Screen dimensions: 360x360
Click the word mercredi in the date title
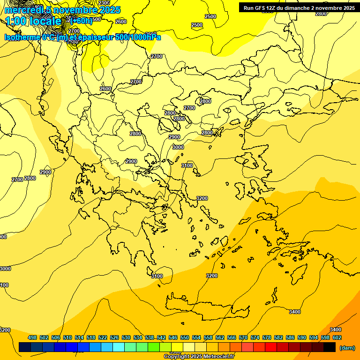tap(23, 10)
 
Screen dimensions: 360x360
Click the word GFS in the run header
tap(260, 8)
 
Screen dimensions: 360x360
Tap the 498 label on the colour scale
tap(32, 337)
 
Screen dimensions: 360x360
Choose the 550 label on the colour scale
tap(185, 337)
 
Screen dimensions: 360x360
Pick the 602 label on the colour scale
tap(337, 337)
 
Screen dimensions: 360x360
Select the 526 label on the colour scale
tap(114, 337)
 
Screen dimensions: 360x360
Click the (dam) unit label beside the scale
tap(347, 347)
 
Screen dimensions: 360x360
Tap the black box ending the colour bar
tap(330, 347)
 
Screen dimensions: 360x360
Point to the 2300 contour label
tap(104, 3)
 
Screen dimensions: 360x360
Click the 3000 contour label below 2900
tap(178, 147)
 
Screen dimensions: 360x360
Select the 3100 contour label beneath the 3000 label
tap(187, 165)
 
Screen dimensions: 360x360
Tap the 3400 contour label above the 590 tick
tap(294, 312)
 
